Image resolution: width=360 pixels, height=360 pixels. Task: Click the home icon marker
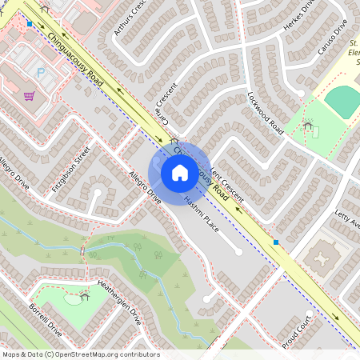point(180,172)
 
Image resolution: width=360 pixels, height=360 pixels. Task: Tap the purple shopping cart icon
point(30,96)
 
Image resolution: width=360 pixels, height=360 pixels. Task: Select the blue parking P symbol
point(41,72)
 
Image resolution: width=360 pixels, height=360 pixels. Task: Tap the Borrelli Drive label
point(45,318)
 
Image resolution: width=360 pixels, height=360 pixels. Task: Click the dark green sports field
point(344,101)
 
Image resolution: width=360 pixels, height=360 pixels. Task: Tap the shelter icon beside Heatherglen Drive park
point(85,297)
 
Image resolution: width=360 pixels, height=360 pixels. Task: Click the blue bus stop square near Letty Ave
point(276,242)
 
